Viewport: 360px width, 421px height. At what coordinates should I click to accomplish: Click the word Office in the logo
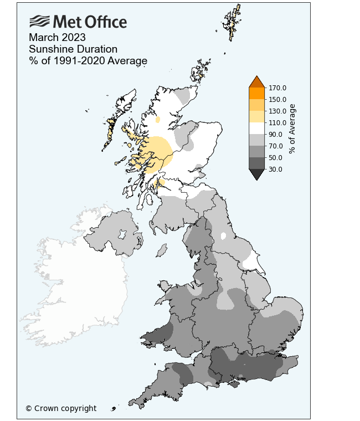pyautogui.click(x=105, y=22)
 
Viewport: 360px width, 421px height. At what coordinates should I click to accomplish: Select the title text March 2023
pyautogui.click(x=58, y=38)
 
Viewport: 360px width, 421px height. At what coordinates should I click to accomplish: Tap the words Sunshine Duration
pyautogui.click(x=73, y=49)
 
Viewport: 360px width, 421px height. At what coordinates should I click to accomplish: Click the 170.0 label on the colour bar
pyautogui.click(x=277, y=88)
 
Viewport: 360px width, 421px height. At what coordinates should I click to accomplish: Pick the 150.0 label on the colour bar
pyautogui.click(x=277, y=99)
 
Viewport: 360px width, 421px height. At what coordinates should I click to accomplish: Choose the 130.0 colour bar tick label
pyautogui.click(x=277, y=111)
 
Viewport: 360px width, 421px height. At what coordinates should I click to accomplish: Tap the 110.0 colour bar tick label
pyautogui.click(x=277, y=122)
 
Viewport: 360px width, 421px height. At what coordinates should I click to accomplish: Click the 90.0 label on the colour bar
pyautogui.click(x=275, y=134)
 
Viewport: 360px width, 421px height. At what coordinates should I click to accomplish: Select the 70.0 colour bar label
pyautogui.click(x=275, y=146)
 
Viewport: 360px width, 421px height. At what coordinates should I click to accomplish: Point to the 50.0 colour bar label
pyautogui.click(x=275, y=157)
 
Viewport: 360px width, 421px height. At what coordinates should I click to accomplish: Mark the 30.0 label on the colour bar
pyautogui.click(x=275, y=169)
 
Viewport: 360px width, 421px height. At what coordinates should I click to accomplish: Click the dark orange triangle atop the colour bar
pyautogui.click(x=256, y=82)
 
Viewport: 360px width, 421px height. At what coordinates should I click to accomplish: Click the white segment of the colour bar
pyautogui.click(x=256, y=128)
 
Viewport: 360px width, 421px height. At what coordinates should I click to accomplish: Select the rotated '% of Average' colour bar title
pyautogui.click(x=292, y=129)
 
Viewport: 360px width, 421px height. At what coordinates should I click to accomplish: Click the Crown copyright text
pyautogui.click(x=61, y=408)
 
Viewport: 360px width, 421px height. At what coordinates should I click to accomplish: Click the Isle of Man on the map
pyautogui.click(x=162, y=250)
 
